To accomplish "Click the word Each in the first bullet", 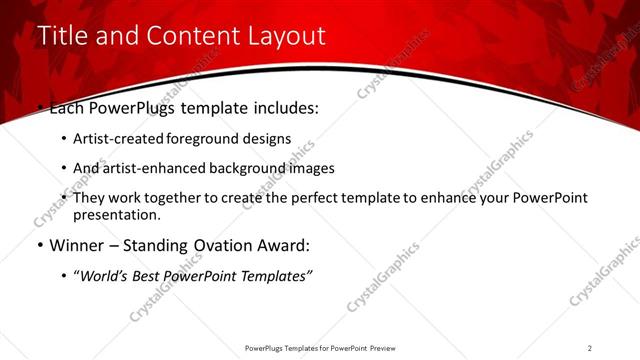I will click(x=68, y=107).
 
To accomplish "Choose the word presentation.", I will click(x=117, y=214).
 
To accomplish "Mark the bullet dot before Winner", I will click(x=39, y=244).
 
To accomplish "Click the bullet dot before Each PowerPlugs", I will click(x=39, y=107).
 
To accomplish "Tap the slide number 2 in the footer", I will click(x=589, y=347).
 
